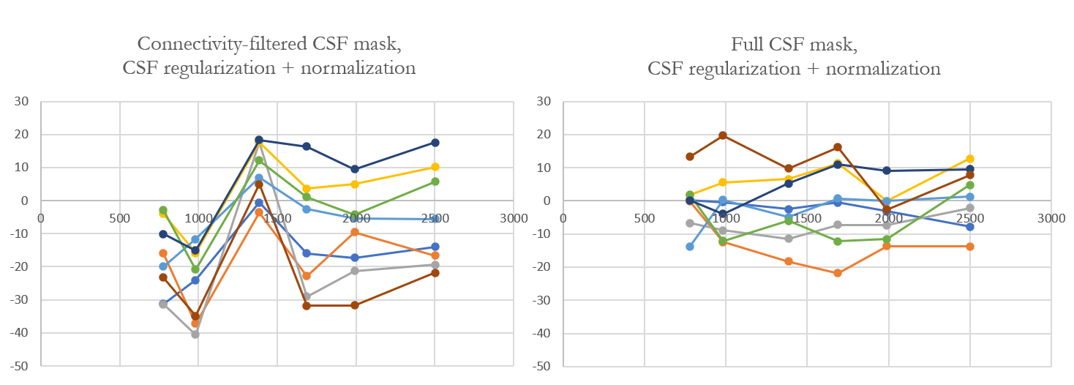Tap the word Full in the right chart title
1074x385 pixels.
pyautogui.click(x=748, y=45)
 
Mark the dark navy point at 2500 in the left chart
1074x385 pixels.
pyautogui.click(x=435, y=142)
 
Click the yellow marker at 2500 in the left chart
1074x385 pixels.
pyautogui.click(x=435, y=167)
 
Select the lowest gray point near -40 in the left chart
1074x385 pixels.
pyautogui.click(x=195, y=334)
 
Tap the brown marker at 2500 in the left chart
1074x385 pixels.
pyautogui.click(x=435, y=272)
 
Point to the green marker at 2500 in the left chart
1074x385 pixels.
pyautogui.click(x=435, y=182)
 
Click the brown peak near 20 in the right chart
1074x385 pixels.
pyautogui.click(x=723, y=135)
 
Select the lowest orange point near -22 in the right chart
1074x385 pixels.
pyautogui.click(x=837, y=273)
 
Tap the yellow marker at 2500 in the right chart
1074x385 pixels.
pyautogui.click(x=970, y=159)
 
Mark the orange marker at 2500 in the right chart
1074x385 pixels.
pyautogui.click(x=970, y=247)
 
